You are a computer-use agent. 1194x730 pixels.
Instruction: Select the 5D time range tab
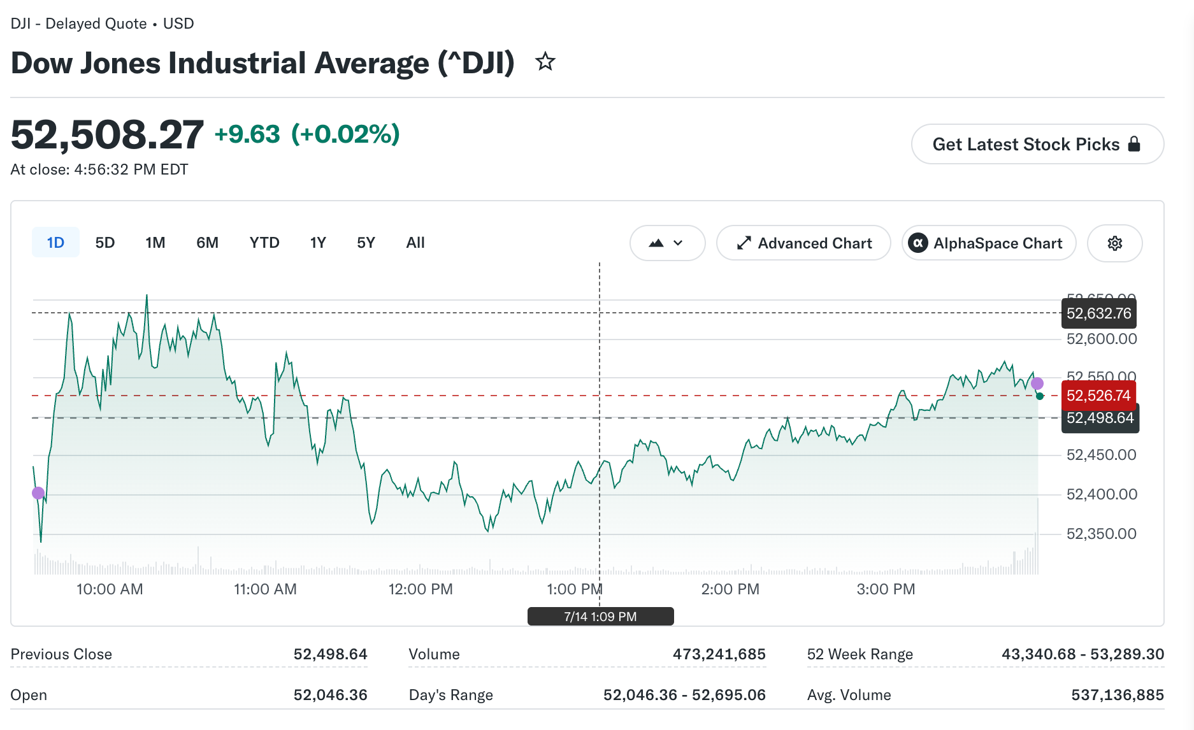pos(105,243)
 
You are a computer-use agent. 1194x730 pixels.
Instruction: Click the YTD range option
pos(264,243)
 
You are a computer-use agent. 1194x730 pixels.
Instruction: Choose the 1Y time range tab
pos(318,243)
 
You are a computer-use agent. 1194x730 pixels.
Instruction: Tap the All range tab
pos(415,243)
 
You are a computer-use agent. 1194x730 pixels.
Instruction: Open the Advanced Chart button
pos(803,243)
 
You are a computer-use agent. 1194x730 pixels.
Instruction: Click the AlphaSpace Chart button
pos(989,243)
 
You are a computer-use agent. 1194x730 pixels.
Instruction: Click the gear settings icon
pos(1115,243)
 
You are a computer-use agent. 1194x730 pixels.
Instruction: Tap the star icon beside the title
pos(545,62)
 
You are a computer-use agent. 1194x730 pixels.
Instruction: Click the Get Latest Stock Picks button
pos(1037,144)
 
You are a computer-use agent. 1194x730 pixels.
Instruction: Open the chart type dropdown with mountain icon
pos(667,243)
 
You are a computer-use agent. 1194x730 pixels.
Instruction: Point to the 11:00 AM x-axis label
pos(265,589)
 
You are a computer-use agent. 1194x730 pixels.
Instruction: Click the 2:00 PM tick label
pos(730,589)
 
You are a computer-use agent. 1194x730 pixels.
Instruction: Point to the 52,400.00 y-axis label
pos(1102,494)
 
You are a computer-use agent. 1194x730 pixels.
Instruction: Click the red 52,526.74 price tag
pos(1099,396)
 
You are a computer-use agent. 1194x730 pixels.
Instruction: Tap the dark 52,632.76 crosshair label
pos(1099,313)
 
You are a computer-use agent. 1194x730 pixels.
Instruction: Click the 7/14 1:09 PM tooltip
pos(600,617)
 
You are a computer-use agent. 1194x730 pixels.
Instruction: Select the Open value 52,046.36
pos(330,695)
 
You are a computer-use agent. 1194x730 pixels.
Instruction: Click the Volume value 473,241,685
pos(719,654)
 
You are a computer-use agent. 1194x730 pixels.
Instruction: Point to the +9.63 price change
pos(247,134)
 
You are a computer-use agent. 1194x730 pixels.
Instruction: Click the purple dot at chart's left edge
pos(38,493)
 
